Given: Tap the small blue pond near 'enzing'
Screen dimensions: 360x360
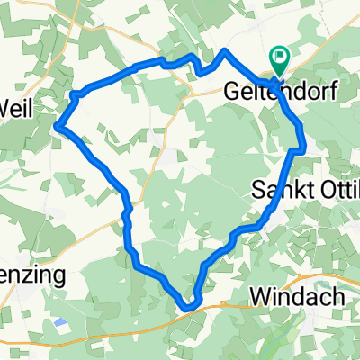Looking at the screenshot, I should pyautogui.click(x=60, y=321).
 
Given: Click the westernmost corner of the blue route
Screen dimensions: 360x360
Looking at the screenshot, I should pyautogui.click(x=58, y=126).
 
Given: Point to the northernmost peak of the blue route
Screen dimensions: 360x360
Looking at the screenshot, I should pyautogui.click(x=225, y=51).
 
